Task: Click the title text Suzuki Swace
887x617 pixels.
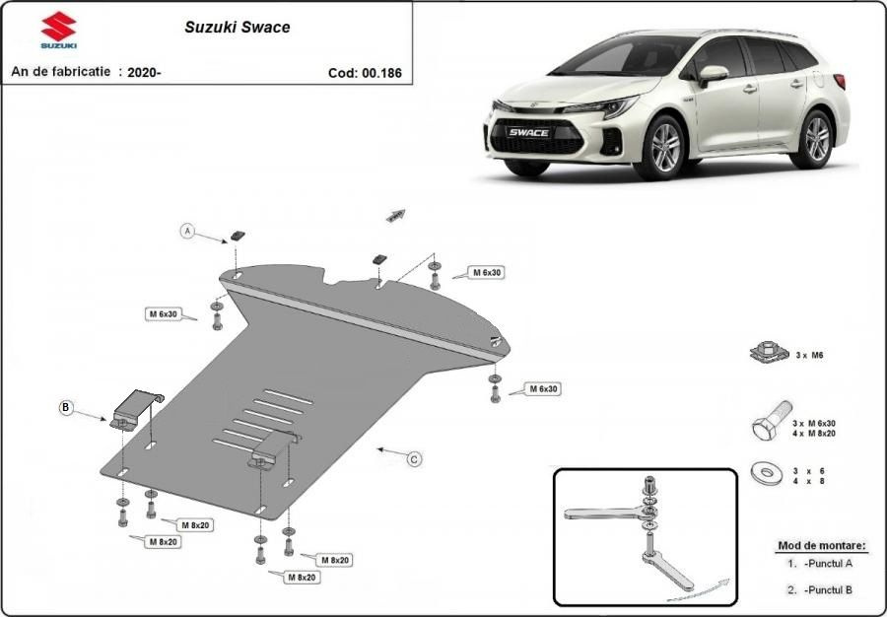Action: point(237,28)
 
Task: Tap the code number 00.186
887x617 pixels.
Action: point(381,73)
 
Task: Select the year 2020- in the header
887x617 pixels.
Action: point(144,72)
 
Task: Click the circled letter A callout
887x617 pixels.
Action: point(187,231)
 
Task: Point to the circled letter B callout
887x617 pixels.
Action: point(66,407)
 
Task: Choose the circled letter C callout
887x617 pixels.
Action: point(415,459)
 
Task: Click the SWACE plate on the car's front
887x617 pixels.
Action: point(529,132)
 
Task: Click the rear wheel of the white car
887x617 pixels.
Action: point(814,139)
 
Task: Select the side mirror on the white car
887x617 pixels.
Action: point(713,74)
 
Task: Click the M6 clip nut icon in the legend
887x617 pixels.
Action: point(770,352)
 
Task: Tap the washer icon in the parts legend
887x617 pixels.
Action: point(767,472)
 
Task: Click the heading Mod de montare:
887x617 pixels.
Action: point(822,546)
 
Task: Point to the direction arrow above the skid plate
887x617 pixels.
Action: point(395,216)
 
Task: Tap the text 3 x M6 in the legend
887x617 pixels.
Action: point(809,355)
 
